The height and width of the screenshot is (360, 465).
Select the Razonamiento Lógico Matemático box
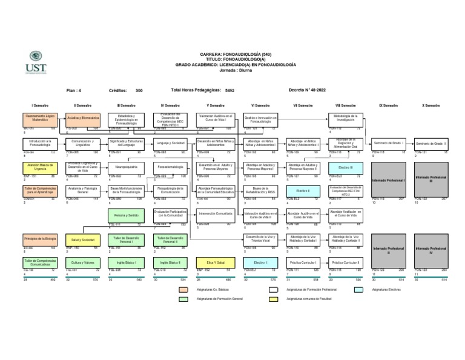pos(40,119)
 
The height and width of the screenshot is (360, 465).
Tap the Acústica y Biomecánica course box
pos(83,119)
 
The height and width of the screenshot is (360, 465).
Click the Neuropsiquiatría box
pos(127,167)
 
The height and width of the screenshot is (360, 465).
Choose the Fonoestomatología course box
pos(170,167)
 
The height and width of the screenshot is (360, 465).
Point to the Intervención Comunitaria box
pos(215,213)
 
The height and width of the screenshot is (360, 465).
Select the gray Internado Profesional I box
pos(388,181)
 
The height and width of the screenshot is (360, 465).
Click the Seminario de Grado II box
pos(431,143)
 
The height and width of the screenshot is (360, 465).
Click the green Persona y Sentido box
pos(127,215)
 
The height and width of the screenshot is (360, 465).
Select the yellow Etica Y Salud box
pos(215,262)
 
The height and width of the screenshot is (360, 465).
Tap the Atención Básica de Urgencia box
pos(40,167)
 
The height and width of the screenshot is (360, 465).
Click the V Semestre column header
pos(215,105)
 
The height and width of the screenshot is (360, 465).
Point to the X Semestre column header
pos(431,105)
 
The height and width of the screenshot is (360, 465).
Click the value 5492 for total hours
pos(229,90)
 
